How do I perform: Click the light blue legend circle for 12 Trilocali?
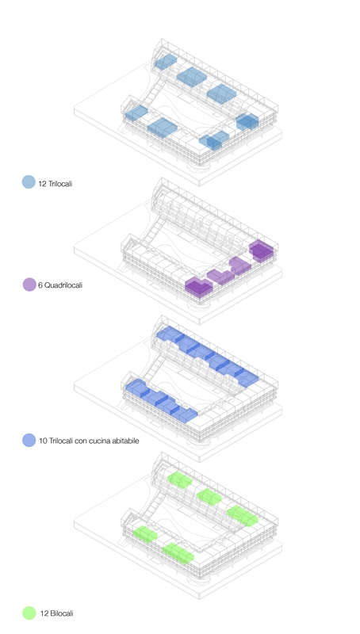pyautogui.click(x=29, y=182)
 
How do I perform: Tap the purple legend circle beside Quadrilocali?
pyautogui.click(x=29, y=285)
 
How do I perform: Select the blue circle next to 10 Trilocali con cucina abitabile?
pyautogui.click(x=29, y=441)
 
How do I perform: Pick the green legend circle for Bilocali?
pyautogui.click(x=29, y=613)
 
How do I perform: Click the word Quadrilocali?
pyautogui.click(x=63, y=285)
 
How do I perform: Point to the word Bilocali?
pyautogui.click(x=62, y=613)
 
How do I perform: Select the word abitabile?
pyautogui.click(x=124, y=441)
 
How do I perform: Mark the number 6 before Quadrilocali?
pyautogui.click(x=40, y=285)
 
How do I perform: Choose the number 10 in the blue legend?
pyautogui.click(x=44, y=441)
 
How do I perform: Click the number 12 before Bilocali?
pyautogui.click(x=44, y=613)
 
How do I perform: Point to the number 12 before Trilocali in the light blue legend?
pyautogui.click(x=43, y=184)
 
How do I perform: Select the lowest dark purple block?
pyautogui.click(x=198, y=287)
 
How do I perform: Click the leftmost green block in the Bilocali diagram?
pyautogui.click(x=145, y=533)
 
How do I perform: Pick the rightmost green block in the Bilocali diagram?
pyautogui.click(x=243, y=516)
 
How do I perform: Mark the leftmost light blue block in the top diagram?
pyautogui.click(x=136, y=113)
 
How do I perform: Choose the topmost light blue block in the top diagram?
pyautogui.click(x=166, y=62)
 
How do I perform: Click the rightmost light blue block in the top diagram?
pyautogui.click(x=247, y=122)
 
